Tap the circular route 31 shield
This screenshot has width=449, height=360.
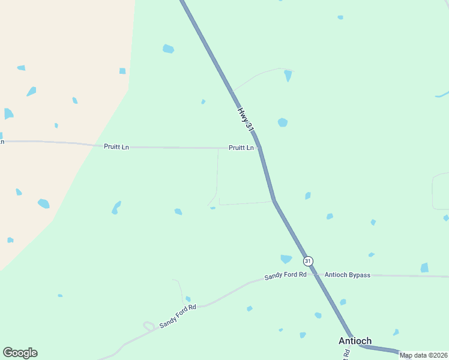308,261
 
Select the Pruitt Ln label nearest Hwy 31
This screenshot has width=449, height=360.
241,148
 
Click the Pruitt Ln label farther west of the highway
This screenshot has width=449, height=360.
116,146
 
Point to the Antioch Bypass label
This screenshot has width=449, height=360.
348,275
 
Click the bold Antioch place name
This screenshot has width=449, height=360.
355,341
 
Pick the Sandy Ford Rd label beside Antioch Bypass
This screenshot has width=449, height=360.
286,276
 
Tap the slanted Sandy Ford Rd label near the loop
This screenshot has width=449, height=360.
178,316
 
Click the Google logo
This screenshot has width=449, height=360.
20,353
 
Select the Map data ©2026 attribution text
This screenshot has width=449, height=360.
423,355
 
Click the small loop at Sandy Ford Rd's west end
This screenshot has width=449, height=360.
148,326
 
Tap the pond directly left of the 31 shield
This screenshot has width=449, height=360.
286,259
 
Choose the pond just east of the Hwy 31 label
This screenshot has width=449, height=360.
282,122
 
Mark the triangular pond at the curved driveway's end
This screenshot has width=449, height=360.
288,76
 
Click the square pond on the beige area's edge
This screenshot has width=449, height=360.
122,71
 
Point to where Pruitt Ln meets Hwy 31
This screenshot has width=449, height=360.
259,148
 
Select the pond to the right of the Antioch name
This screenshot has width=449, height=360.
396,332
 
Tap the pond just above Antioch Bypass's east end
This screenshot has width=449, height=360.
424,268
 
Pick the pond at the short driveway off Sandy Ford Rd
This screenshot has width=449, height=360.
188,299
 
